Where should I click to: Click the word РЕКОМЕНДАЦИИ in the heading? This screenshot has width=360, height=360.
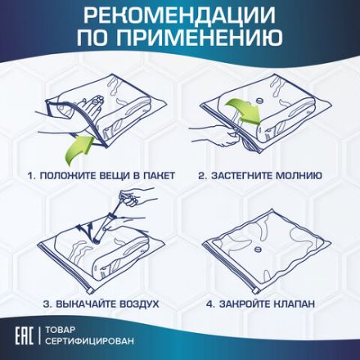click(180, 17)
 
